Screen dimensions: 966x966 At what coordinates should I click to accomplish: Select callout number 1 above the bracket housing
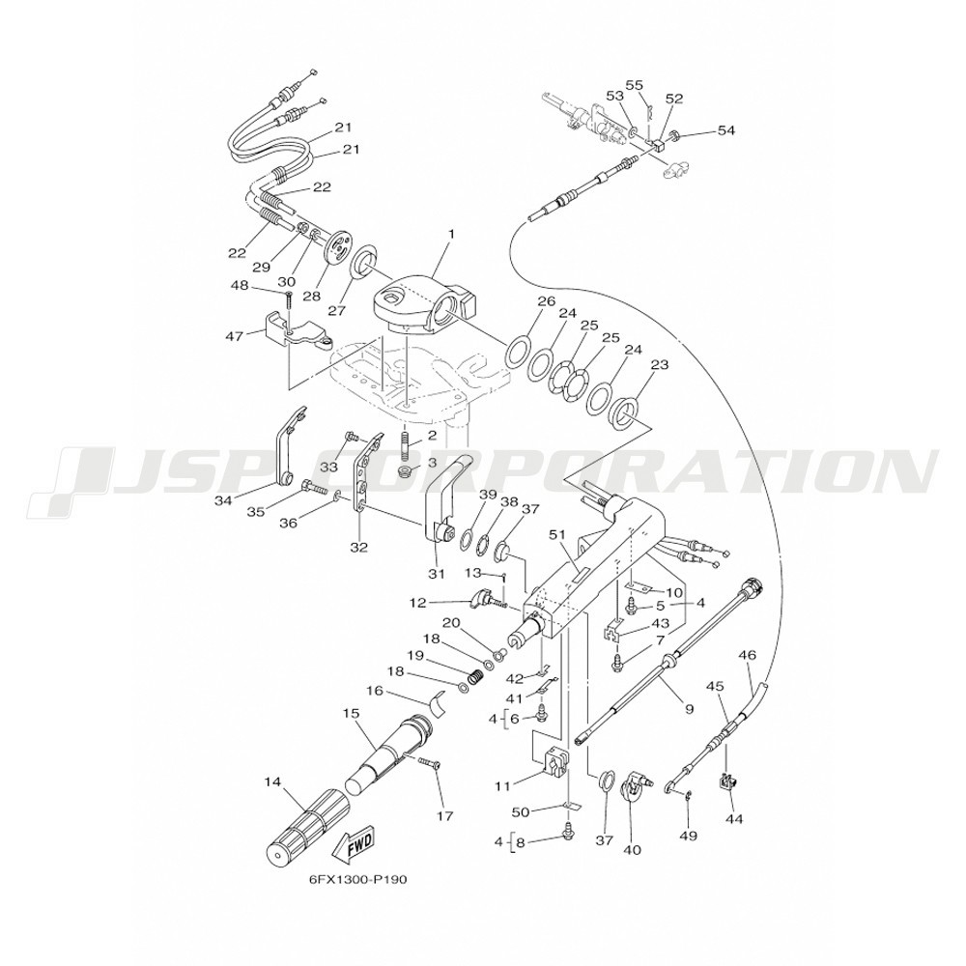coord(451,234)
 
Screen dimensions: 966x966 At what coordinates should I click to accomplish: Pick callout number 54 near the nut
coord(725,130)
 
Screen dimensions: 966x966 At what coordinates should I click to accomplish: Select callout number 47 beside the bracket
coord(236,336)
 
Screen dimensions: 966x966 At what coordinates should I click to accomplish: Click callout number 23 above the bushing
coord(660,365)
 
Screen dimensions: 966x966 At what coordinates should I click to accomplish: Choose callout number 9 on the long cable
coord(689,709)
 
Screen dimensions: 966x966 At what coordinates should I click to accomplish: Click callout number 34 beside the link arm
coord(223,500)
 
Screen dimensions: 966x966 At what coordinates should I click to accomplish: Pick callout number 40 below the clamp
coord(633,850)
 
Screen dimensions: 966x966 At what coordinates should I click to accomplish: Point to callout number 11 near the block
coord(502,786)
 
